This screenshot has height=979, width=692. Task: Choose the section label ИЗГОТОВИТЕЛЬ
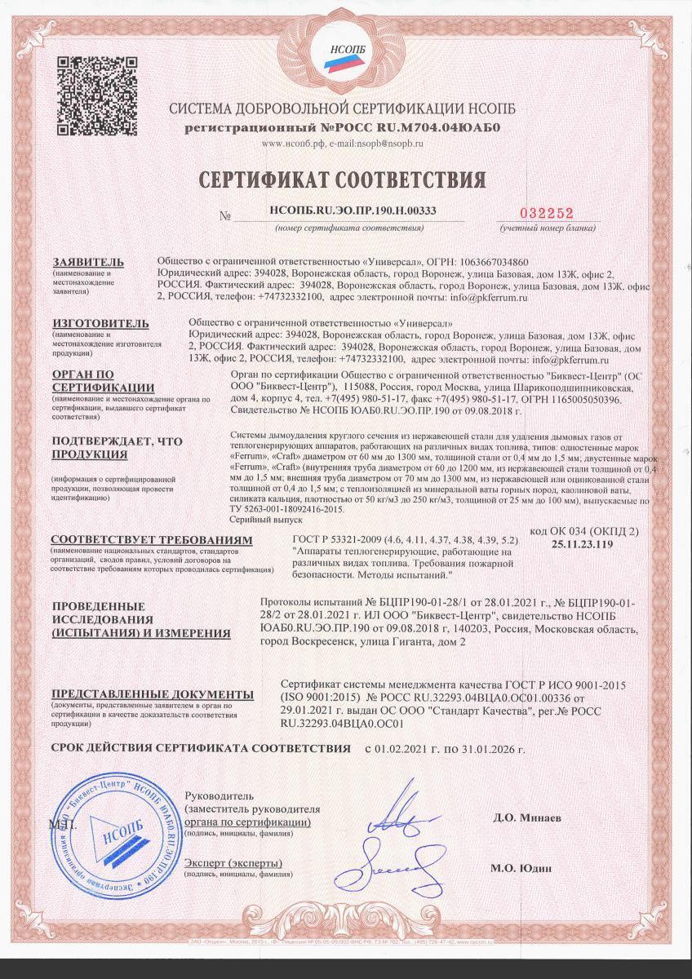[x=100, y=323]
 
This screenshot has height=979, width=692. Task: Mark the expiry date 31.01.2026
[x=488, y=748]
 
